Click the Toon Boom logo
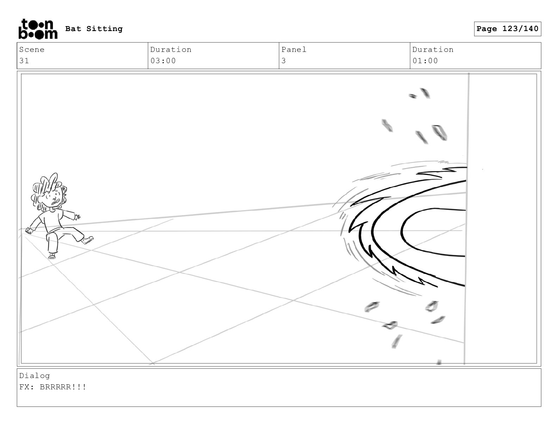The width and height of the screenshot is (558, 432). tap(38, 29)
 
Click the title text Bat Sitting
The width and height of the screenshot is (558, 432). tap(94, 29)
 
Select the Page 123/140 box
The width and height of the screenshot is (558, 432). tap(507, 29)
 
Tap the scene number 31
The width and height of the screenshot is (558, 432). tap(24, 61)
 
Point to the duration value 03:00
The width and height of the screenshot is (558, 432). tap(163, 61)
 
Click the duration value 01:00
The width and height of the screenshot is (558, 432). tap(425, 61)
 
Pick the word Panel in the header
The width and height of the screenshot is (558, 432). tap(294, 49)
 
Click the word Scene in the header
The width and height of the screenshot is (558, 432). tap(32, 49)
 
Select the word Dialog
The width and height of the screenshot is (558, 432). tap(35, 376)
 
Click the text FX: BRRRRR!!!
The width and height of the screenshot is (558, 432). tap(52, 387)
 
